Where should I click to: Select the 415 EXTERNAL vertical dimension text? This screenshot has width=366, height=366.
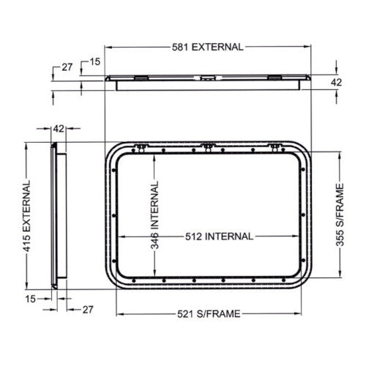[29, 216]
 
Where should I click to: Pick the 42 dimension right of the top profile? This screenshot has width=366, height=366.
[336, 83]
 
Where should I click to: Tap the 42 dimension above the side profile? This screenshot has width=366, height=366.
[59, 128]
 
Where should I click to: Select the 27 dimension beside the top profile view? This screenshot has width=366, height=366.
[67, 67]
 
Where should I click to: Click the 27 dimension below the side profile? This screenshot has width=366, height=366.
[88, 310]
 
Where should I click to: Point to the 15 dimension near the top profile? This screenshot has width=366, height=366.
[94, 62]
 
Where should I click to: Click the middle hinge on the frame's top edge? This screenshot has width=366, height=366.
[209, 147]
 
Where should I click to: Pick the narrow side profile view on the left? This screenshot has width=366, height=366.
[56, 216]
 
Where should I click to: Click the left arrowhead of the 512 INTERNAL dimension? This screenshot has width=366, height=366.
[122, 236]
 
